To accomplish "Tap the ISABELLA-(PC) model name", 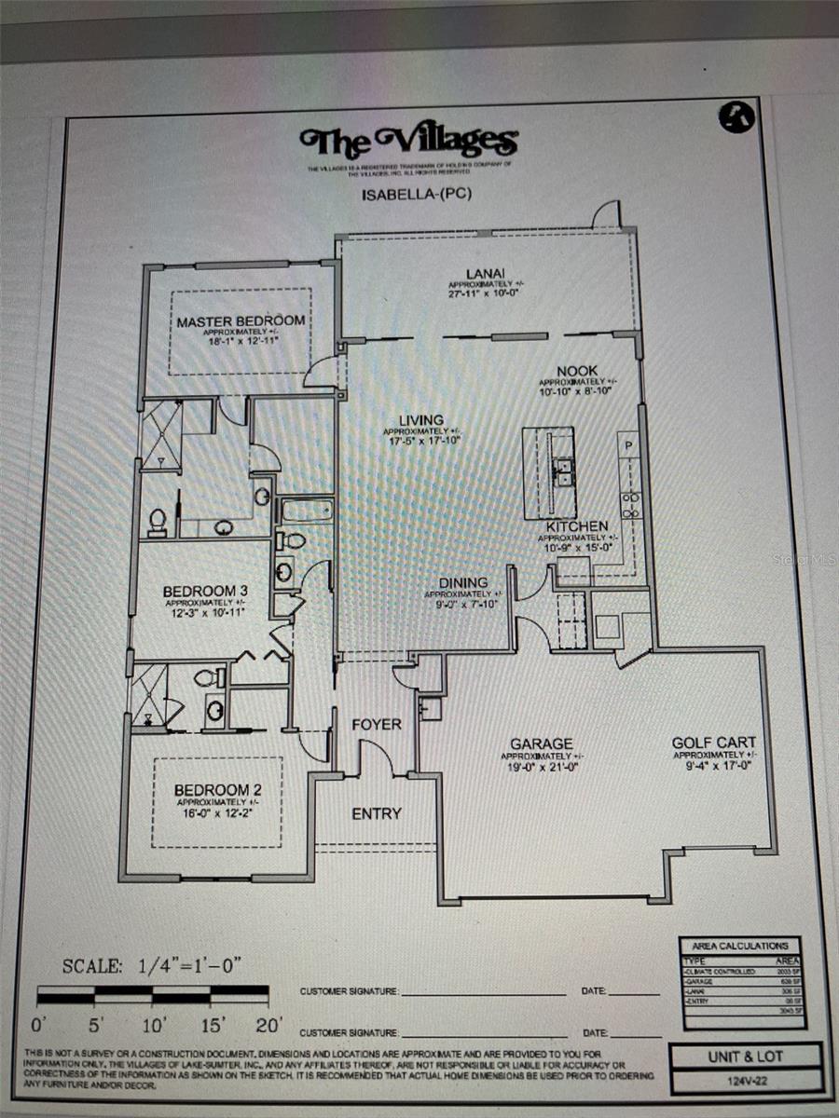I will (x=407, y=196).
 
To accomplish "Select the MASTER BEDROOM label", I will (x=241, y=320).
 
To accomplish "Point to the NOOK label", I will (x=578, y=371).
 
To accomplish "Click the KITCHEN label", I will (x=577, y=526).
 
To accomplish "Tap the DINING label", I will (x=463, y=583).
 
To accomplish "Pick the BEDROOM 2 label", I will (x=212, y=790).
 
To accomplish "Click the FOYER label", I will (x=377, y=724).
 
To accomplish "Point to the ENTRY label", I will (x=377, y=813).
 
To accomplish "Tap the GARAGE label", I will (x=541, y=743).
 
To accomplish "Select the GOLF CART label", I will (x=714, y=743).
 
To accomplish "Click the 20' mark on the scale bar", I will (x=268, y=1027).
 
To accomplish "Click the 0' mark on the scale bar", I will (x=40, y=1027).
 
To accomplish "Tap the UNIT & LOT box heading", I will (x=746, y=1057).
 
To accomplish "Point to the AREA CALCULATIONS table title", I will (x=740, y=946).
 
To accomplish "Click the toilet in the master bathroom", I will (x=157, y=523).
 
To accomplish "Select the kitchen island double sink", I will (x=563, y=472).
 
